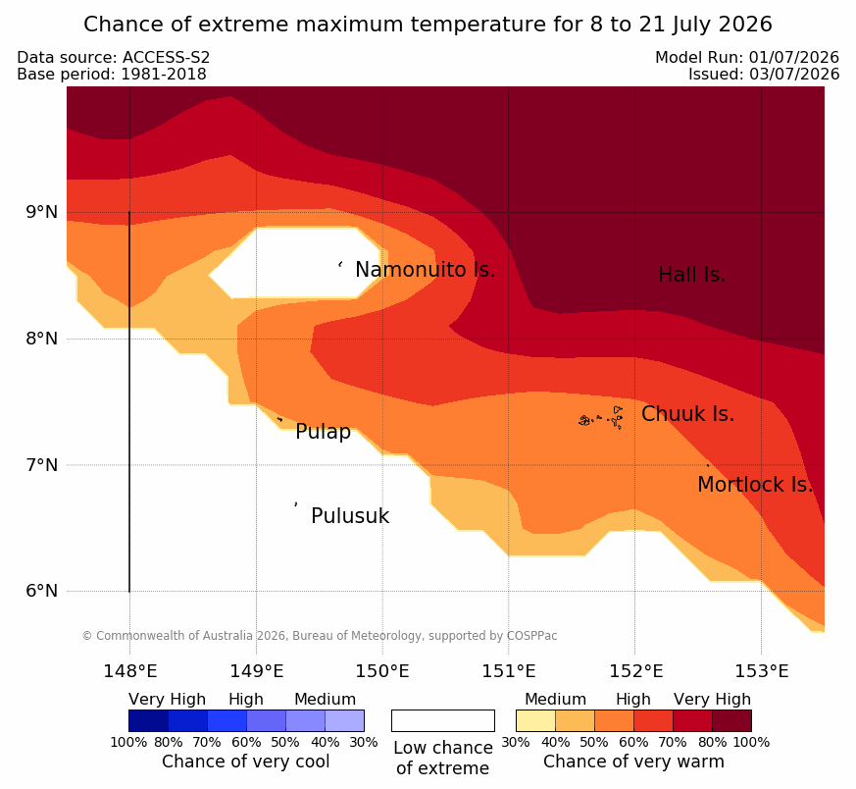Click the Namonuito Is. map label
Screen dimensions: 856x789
(426, 270)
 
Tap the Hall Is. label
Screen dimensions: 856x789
(691, 275)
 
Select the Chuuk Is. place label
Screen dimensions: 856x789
(688, 414)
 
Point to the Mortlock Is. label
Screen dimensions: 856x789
(755, 485)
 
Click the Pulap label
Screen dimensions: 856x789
(324, 432)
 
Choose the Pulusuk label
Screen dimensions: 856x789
(350, 516)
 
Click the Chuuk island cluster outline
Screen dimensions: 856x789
(601, 418)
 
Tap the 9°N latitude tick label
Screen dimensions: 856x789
(42, 212)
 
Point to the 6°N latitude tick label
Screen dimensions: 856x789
(42, 591)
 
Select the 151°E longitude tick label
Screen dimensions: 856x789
(509, 671)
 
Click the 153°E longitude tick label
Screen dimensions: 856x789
(762, 671)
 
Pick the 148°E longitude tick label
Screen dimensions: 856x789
(130, 671)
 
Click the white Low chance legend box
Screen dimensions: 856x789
(443, 720)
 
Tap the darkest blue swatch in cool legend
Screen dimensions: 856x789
(148, 720)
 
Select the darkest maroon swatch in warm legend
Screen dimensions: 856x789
(732, 720)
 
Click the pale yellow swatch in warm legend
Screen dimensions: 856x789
(535, 720)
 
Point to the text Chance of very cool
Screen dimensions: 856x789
(246, 762)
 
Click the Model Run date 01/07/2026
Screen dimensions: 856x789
(794, 57)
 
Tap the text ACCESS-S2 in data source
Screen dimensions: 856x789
(166, 57)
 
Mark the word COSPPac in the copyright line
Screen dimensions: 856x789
(531, 636)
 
